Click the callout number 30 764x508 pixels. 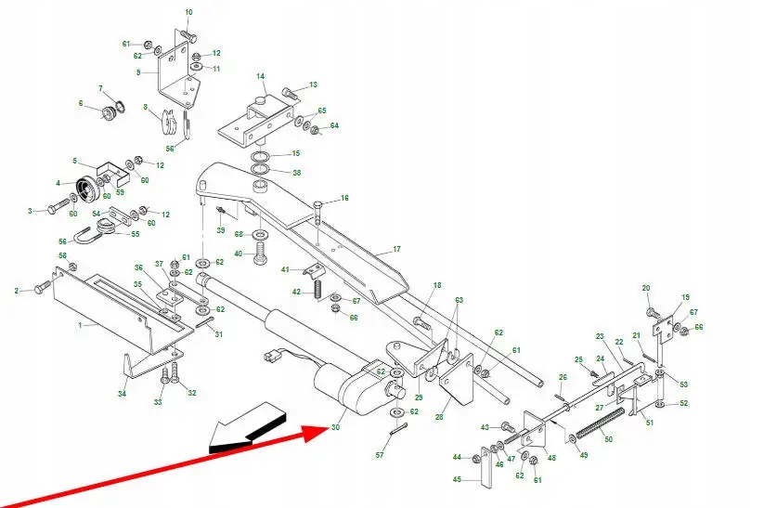pyautogui.click(x=335, y=428)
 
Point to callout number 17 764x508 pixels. pyautogui.click(x=396, y=249)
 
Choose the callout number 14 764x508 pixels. pyautogui.click(x=261, y=76)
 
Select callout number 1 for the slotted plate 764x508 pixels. pyautogui.click(x=81, y=325)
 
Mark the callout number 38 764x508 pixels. pyautogui.click(x=296, y=173)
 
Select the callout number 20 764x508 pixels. pyautogui.click(x=646, y=289)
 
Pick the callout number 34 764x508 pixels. pyautogui.click(x=123, y=395)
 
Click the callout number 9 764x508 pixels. pyautogui.click(x=138, y=72)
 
